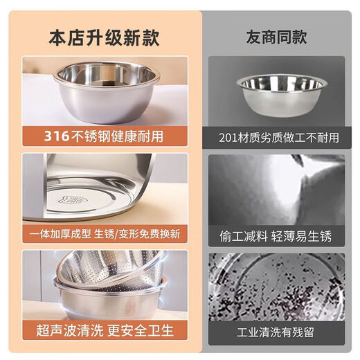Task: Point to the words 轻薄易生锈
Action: pos(305,236)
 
